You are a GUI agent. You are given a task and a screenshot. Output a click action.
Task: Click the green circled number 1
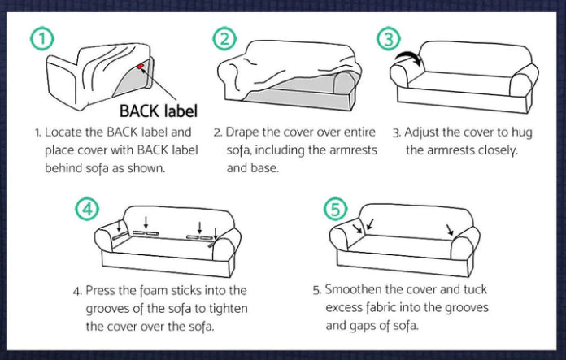[41, 38]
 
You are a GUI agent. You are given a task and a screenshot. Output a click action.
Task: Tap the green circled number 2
[224, 38]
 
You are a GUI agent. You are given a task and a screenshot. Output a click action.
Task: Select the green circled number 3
[389, 38]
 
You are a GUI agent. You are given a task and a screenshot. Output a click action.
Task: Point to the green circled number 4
[87, 209]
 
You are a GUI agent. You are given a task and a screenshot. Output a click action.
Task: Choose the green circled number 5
[335, 209]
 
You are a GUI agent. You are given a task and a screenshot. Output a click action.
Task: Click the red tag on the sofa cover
[140, 66]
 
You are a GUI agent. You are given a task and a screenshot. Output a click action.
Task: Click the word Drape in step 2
[242, 132]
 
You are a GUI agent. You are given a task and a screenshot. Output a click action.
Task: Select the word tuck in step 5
[476, 289]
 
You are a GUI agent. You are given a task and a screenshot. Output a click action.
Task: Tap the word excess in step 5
[344, 308]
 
